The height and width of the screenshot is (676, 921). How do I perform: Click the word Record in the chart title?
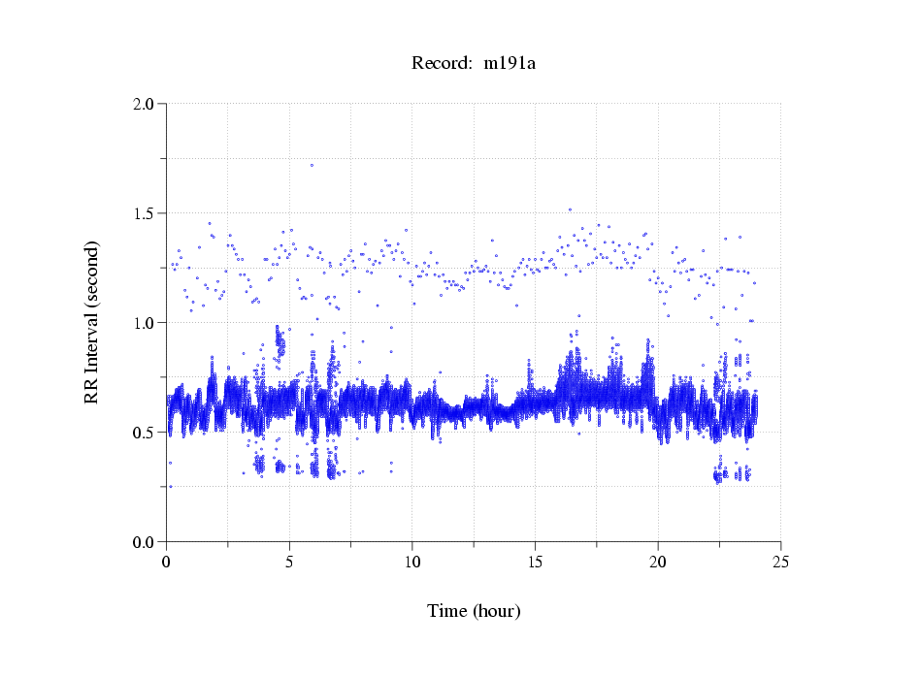click(x=442, y=64)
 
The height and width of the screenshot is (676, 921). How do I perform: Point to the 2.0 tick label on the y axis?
click(x=144, y=103)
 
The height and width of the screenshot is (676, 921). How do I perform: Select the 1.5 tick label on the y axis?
click(x=144, y=212)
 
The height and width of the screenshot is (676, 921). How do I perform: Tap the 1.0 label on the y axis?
click(x=144, y=322)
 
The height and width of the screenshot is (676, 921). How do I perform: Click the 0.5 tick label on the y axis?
click(x=144, y=432)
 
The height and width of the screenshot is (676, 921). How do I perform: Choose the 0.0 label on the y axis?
click(x=144, y=541)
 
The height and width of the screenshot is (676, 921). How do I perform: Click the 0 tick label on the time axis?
click(x=167, y=562)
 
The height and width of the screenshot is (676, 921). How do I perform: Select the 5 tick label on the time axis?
click(x=289, y=562)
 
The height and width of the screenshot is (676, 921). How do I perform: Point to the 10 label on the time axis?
click(x=412, y=562)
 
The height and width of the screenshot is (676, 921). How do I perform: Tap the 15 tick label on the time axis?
click(x=536, y=562)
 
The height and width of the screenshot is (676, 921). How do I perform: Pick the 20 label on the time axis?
click(x=658, y=562)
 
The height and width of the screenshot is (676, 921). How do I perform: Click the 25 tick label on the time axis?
click(x=781, y=562)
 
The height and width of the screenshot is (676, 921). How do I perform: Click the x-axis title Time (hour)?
click(x=474, y=611)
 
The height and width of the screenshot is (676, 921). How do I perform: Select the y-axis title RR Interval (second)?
click(x=91, y=322)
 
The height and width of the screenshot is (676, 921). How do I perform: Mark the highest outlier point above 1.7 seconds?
click(x=312, y=165)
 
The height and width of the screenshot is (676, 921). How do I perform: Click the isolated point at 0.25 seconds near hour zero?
click(x=170, y=487)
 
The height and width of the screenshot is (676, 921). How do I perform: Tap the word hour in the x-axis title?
click(x=497, y=611)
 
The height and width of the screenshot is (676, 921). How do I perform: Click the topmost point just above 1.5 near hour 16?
click(x=570, y=209)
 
